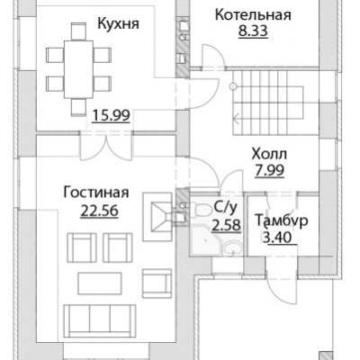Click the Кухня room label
click(119, 24)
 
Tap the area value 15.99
click(111, 115)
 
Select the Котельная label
click(253, 14)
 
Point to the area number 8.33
click(253, 31)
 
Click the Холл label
click(269, 154)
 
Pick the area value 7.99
click(269, 170)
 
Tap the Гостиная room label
click(96, 193)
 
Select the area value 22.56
click(100, 211)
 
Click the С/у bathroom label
click(225, 207)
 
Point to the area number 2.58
click(226, 224)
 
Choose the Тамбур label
click(281, 220)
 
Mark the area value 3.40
click(277, 238)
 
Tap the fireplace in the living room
click(158, 216)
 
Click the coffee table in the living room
click(100, 283)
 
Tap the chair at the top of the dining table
click(79, 31)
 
